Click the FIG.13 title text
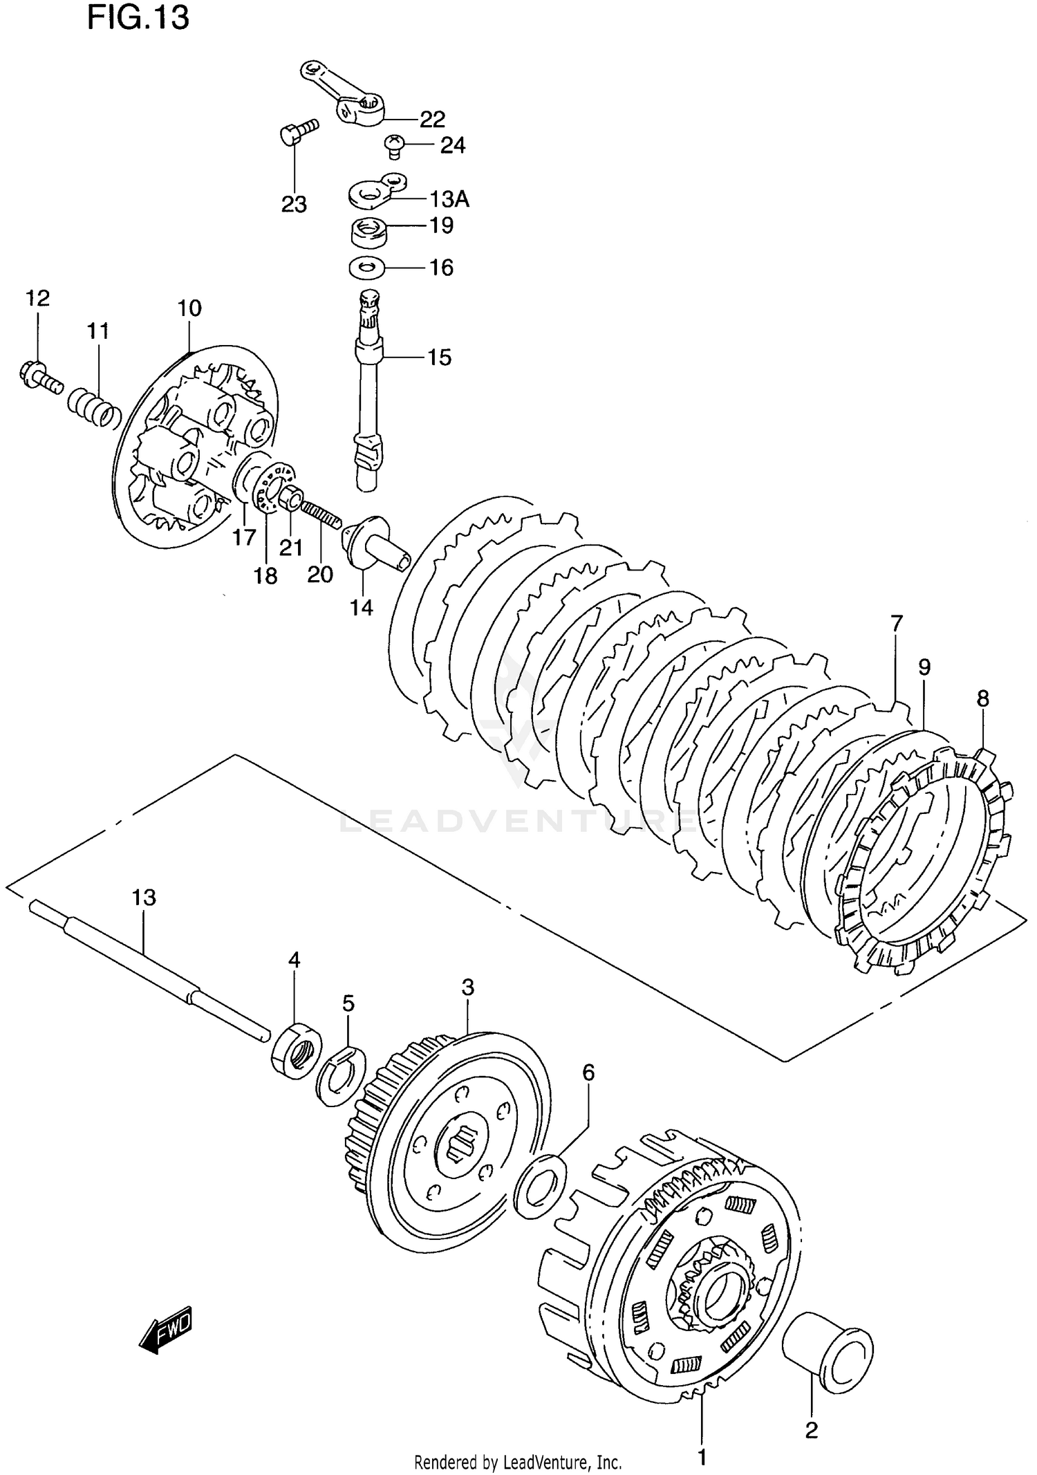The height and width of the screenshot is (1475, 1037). click(138, 18)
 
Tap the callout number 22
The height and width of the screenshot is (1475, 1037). click(432, 119)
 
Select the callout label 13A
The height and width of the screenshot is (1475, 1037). click(449, 199)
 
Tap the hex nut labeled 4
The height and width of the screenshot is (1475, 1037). click(296, 1048)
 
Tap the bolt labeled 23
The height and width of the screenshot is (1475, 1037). click(298, 131)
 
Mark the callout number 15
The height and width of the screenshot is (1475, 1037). click(438, 358)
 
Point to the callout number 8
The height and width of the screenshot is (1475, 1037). click(982, 699)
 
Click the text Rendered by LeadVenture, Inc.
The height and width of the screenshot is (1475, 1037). click(518, 1462)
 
